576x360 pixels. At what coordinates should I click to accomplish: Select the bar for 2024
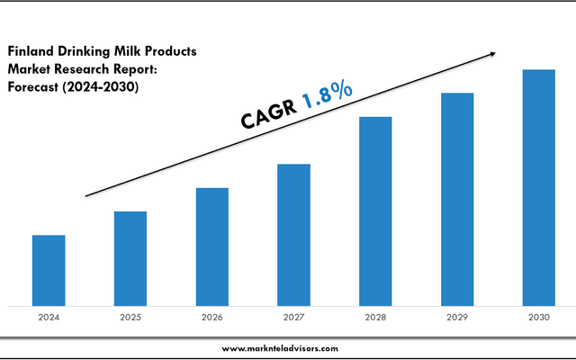(49, 270)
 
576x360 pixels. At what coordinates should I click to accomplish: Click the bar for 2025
(130, 258)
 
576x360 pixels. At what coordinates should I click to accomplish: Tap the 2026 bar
(211, 247)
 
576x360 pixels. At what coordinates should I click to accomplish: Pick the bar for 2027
(293, 235)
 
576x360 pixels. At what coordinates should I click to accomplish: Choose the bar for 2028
(375, 211)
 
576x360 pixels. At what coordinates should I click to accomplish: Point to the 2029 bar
(457, 199)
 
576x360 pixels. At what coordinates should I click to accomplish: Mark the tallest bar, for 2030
(539, 187)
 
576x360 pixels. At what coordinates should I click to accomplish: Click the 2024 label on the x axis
(49, 318)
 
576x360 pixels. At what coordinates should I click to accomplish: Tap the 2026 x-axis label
(211, 318)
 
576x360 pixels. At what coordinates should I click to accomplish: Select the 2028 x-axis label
(375, 318)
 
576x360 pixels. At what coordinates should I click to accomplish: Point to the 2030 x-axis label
(539, 318)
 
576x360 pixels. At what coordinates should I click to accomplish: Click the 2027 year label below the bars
(293, 318)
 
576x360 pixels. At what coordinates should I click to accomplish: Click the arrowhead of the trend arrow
(492, 54)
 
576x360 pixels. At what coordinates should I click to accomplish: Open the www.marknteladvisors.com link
(280, 348)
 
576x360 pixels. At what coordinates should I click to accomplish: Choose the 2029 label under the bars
(457, 318)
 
